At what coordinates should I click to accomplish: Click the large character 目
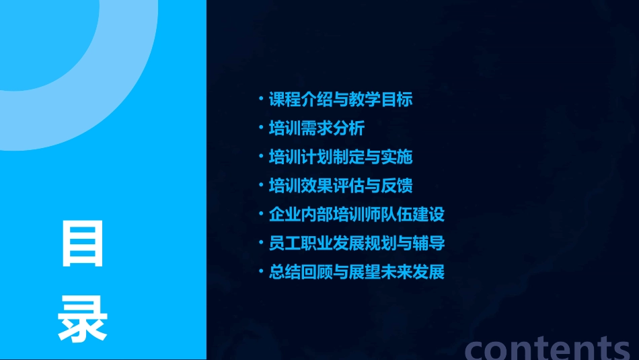coord(83,243)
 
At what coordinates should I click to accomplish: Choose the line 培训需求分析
coord(316,129)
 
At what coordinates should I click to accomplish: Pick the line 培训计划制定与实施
coord(340,157)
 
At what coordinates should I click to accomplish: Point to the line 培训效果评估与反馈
coord(340,186)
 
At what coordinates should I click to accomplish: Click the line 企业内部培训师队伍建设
coord(356,215)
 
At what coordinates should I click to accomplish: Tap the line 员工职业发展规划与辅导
coord(356,244)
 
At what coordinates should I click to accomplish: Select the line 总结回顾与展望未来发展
coord(356,273)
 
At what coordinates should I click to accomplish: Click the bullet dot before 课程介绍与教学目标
coord(261,100)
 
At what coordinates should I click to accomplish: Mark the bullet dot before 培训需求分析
coord(261,129)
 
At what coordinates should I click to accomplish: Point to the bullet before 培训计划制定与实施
coord(261,157)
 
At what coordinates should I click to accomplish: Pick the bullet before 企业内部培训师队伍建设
coord(261,215)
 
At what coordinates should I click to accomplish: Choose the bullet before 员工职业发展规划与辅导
coord(261,244)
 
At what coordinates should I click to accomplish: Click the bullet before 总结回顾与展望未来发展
coord(261,273)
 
